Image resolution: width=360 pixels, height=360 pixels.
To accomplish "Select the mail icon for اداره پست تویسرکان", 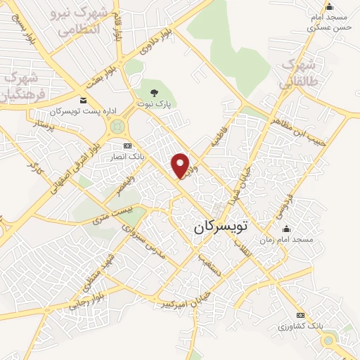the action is point(84,101).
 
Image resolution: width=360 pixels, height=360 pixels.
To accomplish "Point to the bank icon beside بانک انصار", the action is point(128,146).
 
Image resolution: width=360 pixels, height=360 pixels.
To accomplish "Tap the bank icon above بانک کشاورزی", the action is point(301,315).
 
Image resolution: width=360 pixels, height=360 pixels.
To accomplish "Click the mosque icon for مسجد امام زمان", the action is point(285,229).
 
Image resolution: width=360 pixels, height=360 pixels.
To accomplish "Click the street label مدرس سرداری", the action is point(146,243).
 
